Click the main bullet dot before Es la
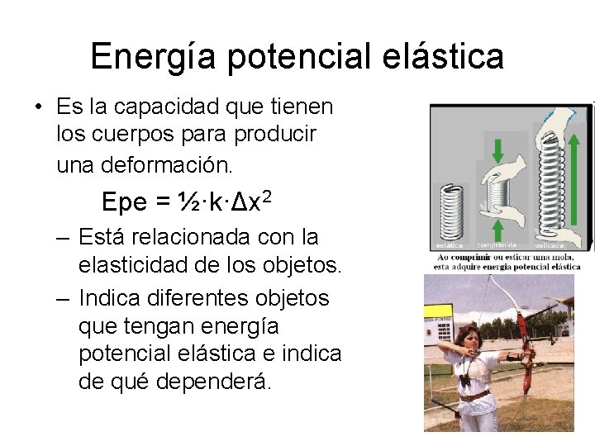(39, 108)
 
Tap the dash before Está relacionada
(63, 238)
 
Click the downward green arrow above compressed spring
(497, 151)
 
